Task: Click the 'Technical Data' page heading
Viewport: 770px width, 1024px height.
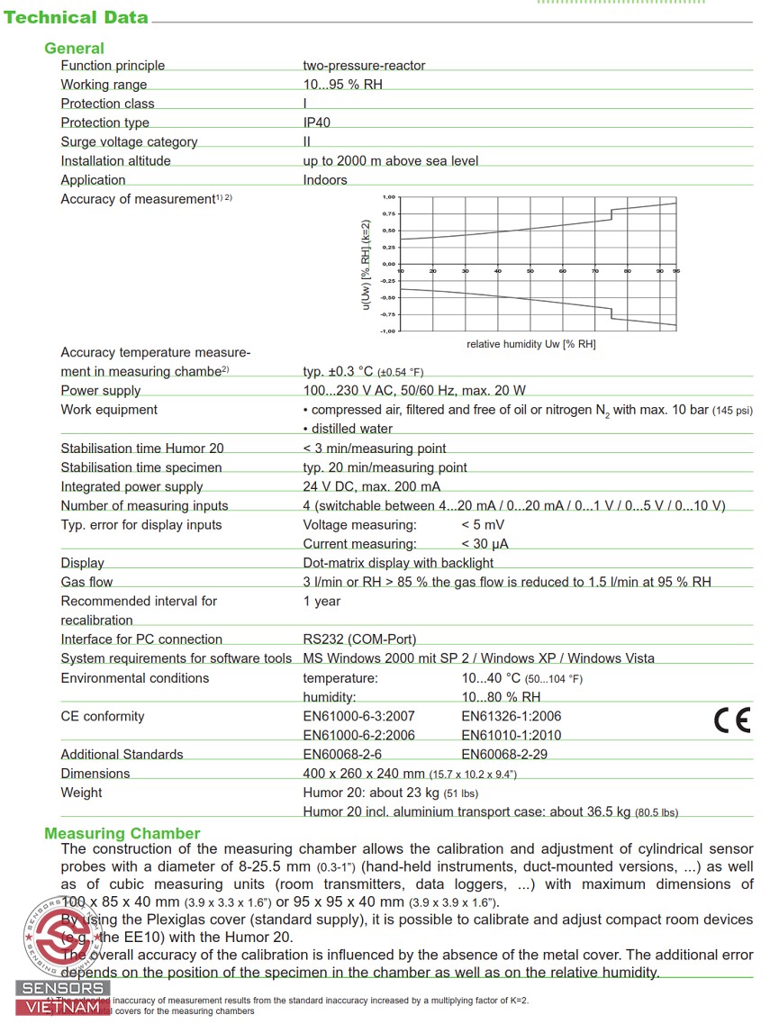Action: pos(77,17)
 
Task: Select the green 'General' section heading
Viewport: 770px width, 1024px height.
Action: pos(74,49)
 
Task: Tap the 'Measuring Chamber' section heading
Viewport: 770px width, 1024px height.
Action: pos(122,833)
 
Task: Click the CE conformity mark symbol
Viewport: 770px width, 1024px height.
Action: pos(731,720)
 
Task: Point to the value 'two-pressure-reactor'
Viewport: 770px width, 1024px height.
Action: pos(364,66)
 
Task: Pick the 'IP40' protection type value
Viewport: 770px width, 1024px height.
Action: pos(317,122)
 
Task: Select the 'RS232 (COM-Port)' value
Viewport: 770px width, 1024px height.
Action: pos(359,639)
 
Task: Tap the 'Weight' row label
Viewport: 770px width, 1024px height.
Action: pos(81,793)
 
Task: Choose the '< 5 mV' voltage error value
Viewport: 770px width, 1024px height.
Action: pos(483,525)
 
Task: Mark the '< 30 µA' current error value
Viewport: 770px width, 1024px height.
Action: pos(485,544)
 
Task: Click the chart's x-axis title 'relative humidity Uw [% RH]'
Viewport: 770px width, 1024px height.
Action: pos(530,344)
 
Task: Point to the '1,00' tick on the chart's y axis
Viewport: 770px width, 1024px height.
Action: pos(388,196)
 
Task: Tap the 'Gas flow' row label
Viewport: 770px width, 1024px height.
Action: pos(86,582)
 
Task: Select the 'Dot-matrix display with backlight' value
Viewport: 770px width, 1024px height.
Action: pos(398,563)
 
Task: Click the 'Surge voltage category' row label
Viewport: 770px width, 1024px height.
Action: pos(129,141)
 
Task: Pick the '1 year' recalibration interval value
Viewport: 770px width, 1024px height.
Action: pos(322,601)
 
